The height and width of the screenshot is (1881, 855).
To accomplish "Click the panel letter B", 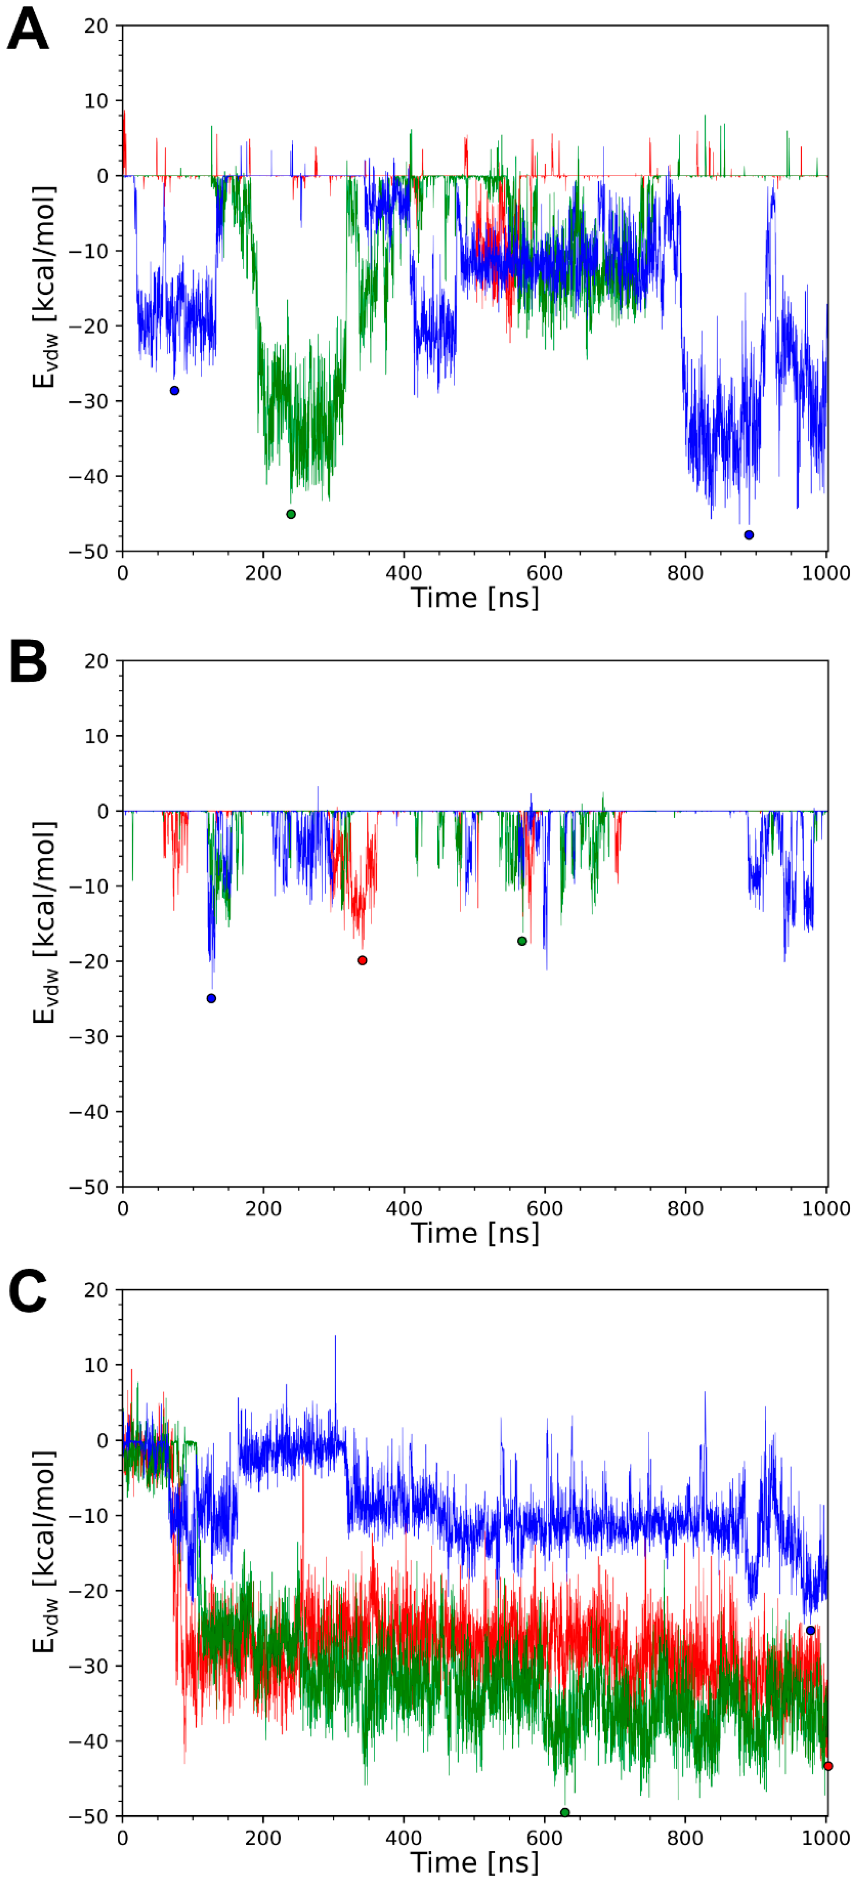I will point(28,662).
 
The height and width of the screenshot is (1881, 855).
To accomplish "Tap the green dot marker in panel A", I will point(291,514).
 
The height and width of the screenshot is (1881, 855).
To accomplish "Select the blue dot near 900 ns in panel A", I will point(748,535).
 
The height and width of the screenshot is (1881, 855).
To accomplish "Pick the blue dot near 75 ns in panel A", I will point(175,391).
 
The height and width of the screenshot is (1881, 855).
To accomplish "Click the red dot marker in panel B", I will point(362,960).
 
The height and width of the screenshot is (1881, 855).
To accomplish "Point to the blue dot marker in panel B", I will point(211,998).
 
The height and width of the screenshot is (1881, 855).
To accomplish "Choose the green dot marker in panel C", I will point(564,1812).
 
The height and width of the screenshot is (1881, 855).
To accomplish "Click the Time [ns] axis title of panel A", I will point(474,597).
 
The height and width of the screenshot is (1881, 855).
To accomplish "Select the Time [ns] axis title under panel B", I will point(474,1233).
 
